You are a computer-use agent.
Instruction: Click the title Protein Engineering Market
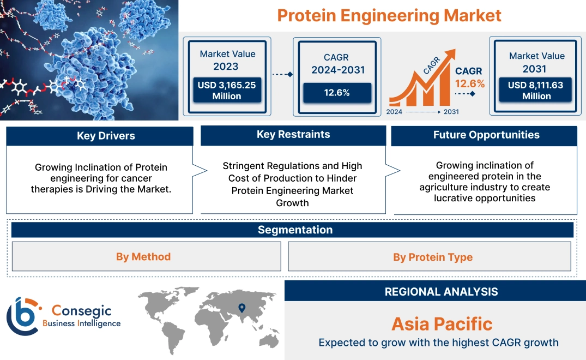[x=389, y=15]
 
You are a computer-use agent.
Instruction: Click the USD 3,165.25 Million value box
[x=226, y=91]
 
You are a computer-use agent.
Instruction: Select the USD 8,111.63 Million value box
[x=536, y=91]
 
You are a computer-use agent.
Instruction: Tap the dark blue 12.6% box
[x=337, y=93]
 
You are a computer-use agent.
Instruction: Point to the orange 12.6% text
[x=470, y=84]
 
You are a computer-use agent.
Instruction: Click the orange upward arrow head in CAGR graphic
[x=450, y=55]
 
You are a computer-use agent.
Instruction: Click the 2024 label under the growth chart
[x=395, y=111]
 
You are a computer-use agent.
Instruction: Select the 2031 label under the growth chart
[x=451, y=111]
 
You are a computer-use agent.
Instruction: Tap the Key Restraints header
[x=293, y=135]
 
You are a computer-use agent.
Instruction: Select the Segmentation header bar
[x=295, y=230]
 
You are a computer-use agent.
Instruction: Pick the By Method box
[x=143, y=256]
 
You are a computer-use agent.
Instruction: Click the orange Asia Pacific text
[x=442, y=324]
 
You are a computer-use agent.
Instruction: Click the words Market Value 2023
[x=227, y=60]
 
